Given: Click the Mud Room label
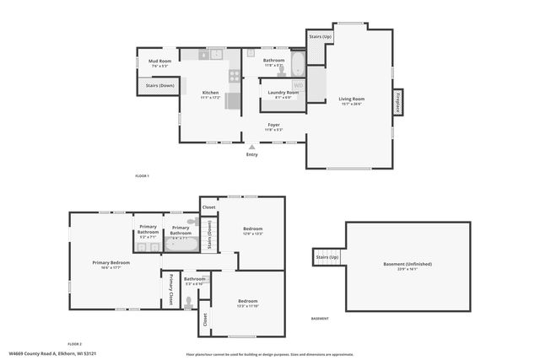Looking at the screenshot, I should click(160, 62).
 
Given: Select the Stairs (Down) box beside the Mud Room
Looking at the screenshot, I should click(159, 85).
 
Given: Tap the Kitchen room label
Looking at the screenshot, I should click(210, 93).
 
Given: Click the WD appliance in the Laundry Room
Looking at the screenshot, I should click(298, 85).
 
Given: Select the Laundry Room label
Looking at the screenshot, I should click(283, 93).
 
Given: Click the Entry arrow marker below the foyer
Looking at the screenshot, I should click(252, 147).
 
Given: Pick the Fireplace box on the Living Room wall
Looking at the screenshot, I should click(396, 102).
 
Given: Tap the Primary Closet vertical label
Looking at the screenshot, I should click(170, 288).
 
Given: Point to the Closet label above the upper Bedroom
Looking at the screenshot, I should click(208, 207).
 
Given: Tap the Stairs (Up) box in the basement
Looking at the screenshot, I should click(327, 256).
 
